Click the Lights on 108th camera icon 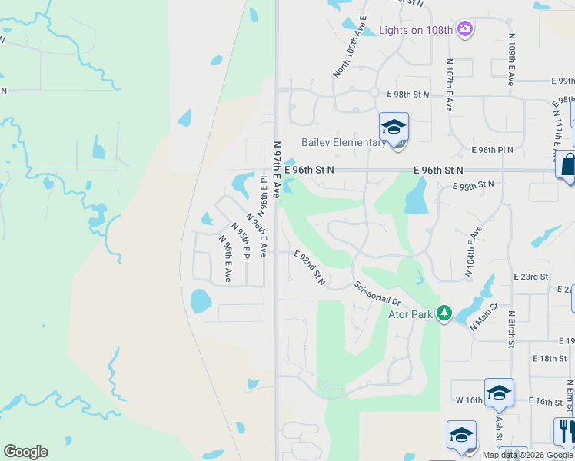pos(464,30)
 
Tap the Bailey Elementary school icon pos(394,128)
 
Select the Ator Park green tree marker pos(444,313)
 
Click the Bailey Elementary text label pos(343,142)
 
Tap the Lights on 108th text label pos(415,31)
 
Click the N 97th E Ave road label pos(277,167)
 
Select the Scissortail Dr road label pos(377,294)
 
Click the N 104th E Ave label pos(473,252)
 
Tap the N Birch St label pos(510,329)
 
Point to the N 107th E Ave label pos(448,85)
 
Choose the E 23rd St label pos(530,276)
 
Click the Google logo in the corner pos(25,452)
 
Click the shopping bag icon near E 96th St pos(568,165)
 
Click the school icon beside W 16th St pos(498,393)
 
